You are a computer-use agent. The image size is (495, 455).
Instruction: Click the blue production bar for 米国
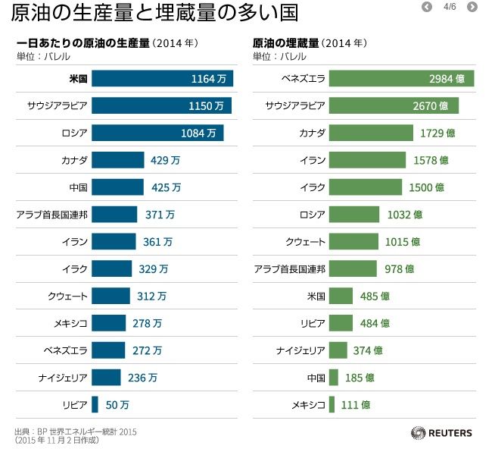click(x=162, y=79)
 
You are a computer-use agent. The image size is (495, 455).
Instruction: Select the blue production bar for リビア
click(x=95, y=404)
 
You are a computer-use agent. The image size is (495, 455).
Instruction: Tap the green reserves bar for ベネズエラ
click(x=401, y=79)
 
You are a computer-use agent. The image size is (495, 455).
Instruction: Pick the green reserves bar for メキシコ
click(x=332, y=404)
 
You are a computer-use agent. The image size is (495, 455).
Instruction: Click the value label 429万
click(x=165, y=160)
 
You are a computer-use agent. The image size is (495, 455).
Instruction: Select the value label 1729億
click(x=437, y=133)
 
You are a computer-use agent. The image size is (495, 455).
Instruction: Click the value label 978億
click(x=399, y=268)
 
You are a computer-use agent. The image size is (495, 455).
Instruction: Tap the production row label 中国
click(x=78, y=187)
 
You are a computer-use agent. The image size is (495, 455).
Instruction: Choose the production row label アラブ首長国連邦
click(x=51, y=215)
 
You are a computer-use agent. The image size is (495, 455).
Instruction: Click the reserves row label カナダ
click(x=312, y=133)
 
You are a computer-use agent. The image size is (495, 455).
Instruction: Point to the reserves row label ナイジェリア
click(x=300, y=350)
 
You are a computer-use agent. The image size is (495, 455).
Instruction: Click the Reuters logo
click(x=442, y=433)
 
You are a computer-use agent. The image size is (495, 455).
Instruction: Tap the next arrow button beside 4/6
click(x=472, y=7)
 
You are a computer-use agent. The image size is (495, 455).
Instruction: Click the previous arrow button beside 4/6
click(x=427, y=7)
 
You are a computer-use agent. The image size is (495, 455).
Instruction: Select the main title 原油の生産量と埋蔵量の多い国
click(x=154, y=13)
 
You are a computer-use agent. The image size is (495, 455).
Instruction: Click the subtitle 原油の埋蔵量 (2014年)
click(x=310, y=42)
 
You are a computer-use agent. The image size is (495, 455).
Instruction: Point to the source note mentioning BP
click(x=76, y=431)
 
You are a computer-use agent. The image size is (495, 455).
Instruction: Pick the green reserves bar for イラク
click(x=365, y=187)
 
